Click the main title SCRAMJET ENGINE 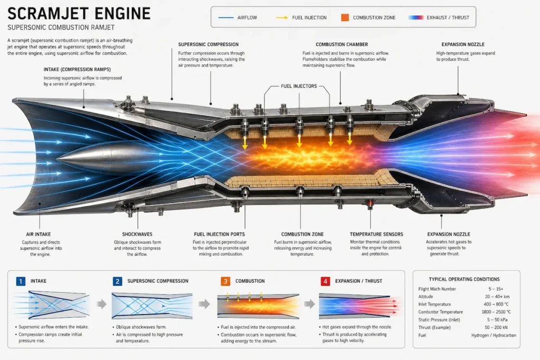point(79,14)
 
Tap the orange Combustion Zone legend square point(345,17)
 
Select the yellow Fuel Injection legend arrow point(282,17)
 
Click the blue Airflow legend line point(226,17)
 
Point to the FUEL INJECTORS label point(298,86)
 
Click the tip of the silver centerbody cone point(57,159)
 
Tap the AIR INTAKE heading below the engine point(38,234)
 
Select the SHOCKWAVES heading point(137,234)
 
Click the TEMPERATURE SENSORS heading point(377,234)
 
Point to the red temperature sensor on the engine point(370,203)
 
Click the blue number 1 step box point(21,281)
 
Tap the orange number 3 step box point(225,281)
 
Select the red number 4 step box point(325,281)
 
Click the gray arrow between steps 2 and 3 point(204,304)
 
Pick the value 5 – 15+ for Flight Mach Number point(496,289)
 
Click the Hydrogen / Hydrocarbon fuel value point(494,335)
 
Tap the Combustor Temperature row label point(440,312)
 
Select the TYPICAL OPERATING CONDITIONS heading point(464,279)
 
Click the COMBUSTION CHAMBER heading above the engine point(342,44)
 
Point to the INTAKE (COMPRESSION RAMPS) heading point(77,69)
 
